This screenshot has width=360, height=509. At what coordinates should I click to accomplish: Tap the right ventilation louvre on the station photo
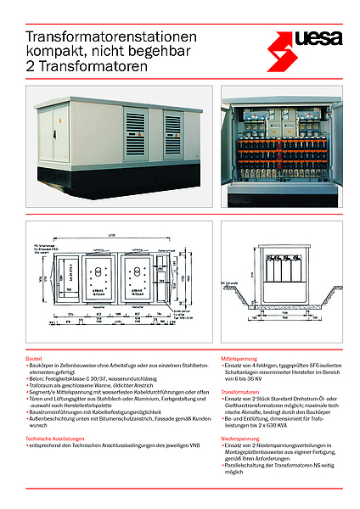click(x=172, y=133)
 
